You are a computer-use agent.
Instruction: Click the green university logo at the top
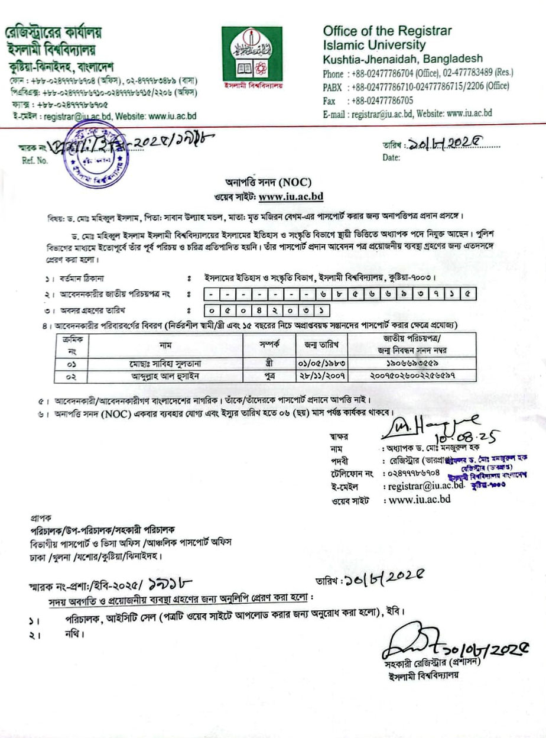point(252,57)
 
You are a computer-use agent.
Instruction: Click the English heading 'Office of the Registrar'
point(387,31)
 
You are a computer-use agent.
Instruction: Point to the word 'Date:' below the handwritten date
point(392,157)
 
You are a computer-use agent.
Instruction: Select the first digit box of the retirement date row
point(211,309)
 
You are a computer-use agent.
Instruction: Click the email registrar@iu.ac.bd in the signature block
point(422,486)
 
